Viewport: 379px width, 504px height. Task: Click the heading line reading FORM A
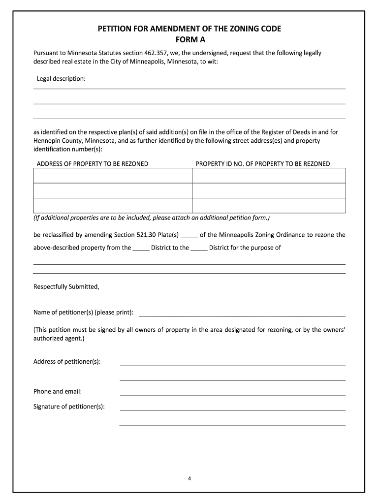click(189, 40)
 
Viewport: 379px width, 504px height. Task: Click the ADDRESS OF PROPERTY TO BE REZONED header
click(93, 164)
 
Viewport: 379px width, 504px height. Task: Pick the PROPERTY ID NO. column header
click(263, 164)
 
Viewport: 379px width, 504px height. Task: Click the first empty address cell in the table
click(112, 176)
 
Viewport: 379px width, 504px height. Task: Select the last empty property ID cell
click(269, 205)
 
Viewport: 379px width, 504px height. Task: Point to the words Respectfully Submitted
click(66, 286)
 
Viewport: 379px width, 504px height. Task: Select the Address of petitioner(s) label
click(67, 362)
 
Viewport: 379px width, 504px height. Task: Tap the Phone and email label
click(58, 391)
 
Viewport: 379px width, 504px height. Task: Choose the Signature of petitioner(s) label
click(69, 406)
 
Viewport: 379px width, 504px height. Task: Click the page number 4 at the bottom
click(189, 478)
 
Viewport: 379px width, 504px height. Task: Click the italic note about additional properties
click(152, 218)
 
